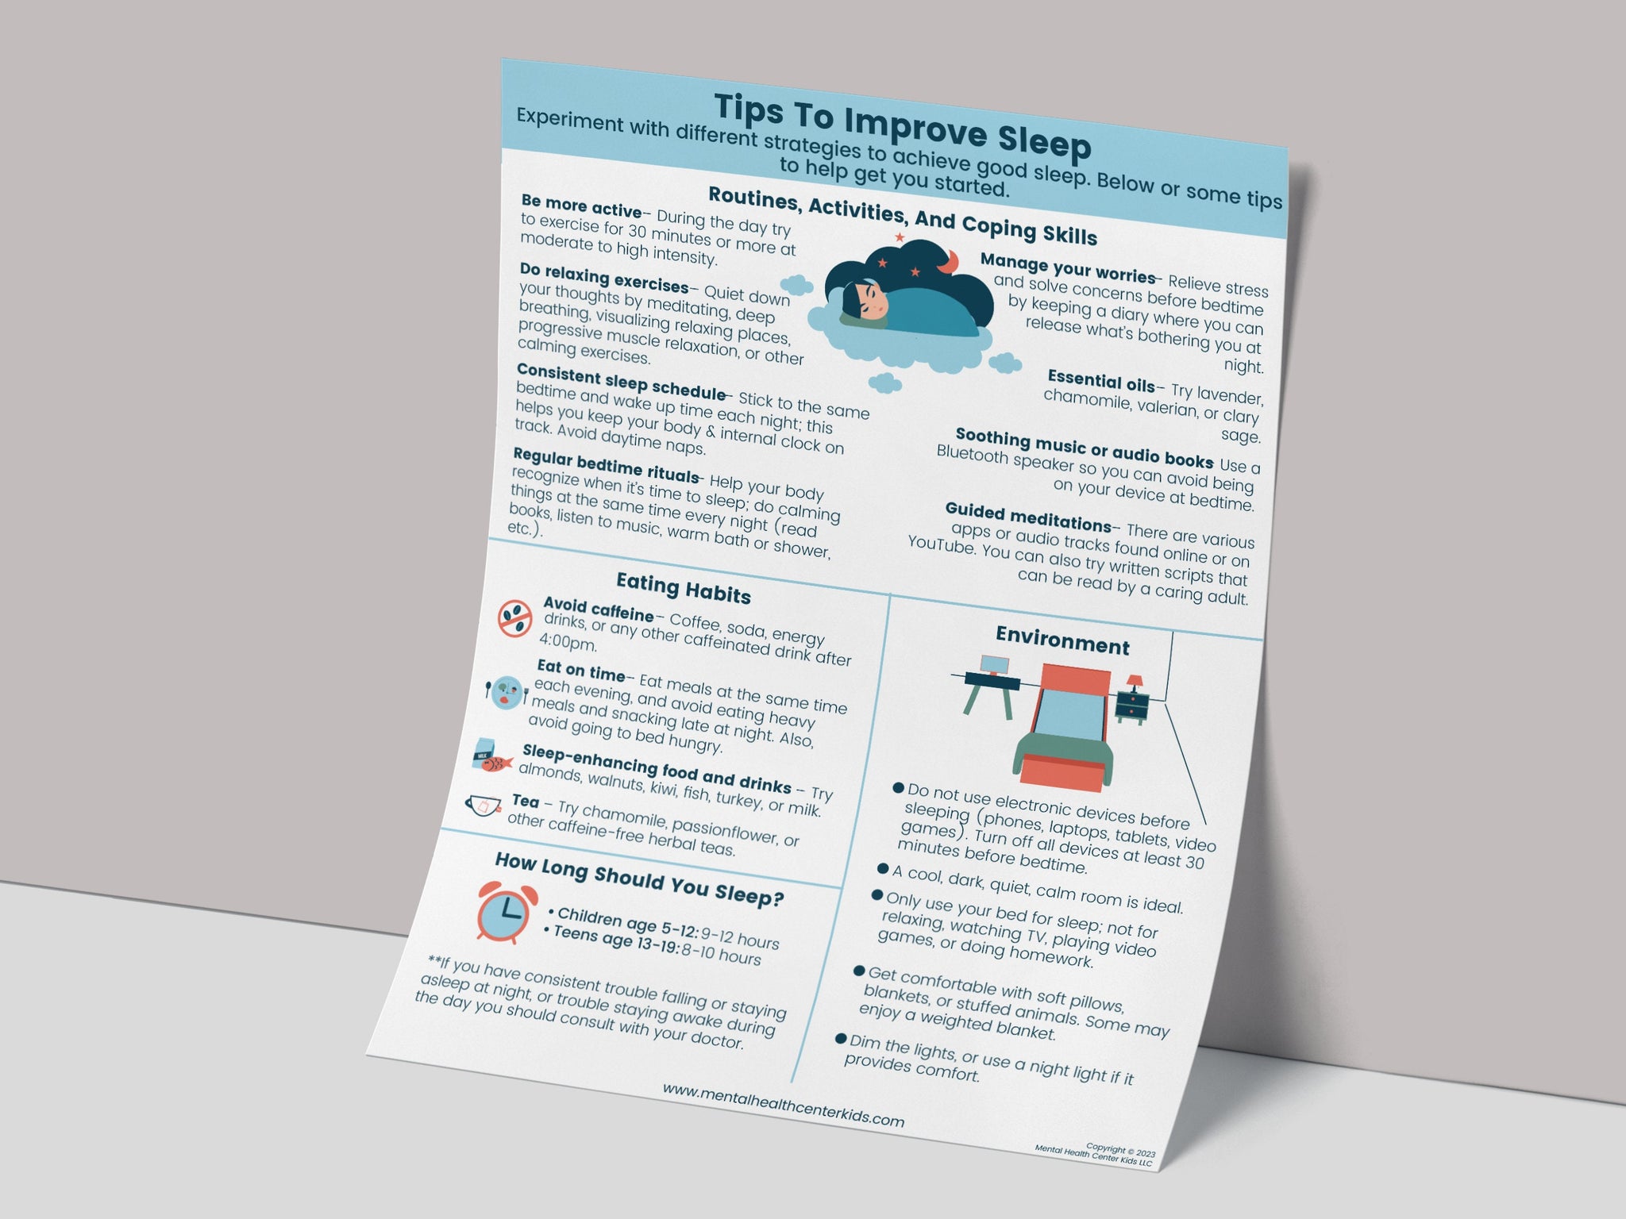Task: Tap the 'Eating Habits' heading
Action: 684,588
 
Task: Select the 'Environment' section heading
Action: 1062,640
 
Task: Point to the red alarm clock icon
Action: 503,912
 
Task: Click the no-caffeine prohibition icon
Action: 514,618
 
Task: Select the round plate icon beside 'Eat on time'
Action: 506,693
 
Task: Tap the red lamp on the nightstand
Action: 1135,683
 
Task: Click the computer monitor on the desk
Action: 994,665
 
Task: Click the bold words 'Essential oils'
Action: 1101,382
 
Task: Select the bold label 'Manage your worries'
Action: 1068,268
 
